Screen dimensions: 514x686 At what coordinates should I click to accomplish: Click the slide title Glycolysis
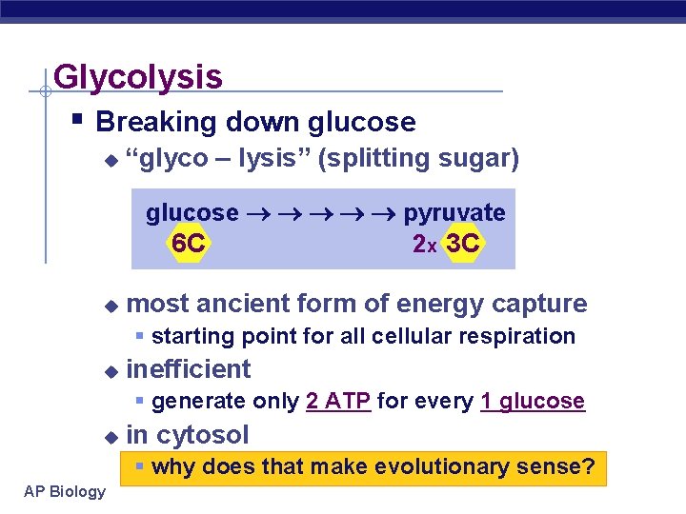pyautogui.click(x=138, y=76)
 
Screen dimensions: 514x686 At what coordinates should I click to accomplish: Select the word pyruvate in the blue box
pyautogui.click(x=454, y=212)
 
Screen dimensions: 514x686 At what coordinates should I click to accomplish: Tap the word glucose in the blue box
pyautogui.click(x=192, y=212)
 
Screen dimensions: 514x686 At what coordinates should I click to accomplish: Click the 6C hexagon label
pyautogui.click(x=188, y=244)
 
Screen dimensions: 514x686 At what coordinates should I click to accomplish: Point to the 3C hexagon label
pyautogui.click(x=463, y=244)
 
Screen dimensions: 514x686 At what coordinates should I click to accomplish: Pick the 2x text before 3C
pyautogui.click(x=425, y=245)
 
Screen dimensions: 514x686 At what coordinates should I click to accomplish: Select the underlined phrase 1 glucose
pyautogui.click(x=533, y=401)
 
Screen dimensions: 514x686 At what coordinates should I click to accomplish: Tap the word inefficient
pyautogui.click(x=189, y=369)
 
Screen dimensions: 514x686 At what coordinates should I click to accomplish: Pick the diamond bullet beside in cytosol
pyautogui.click(x=111, y=437)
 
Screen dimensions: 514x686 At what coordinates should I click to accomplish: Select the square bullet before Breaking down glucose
pyautogui.click(x=79, y=121)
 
